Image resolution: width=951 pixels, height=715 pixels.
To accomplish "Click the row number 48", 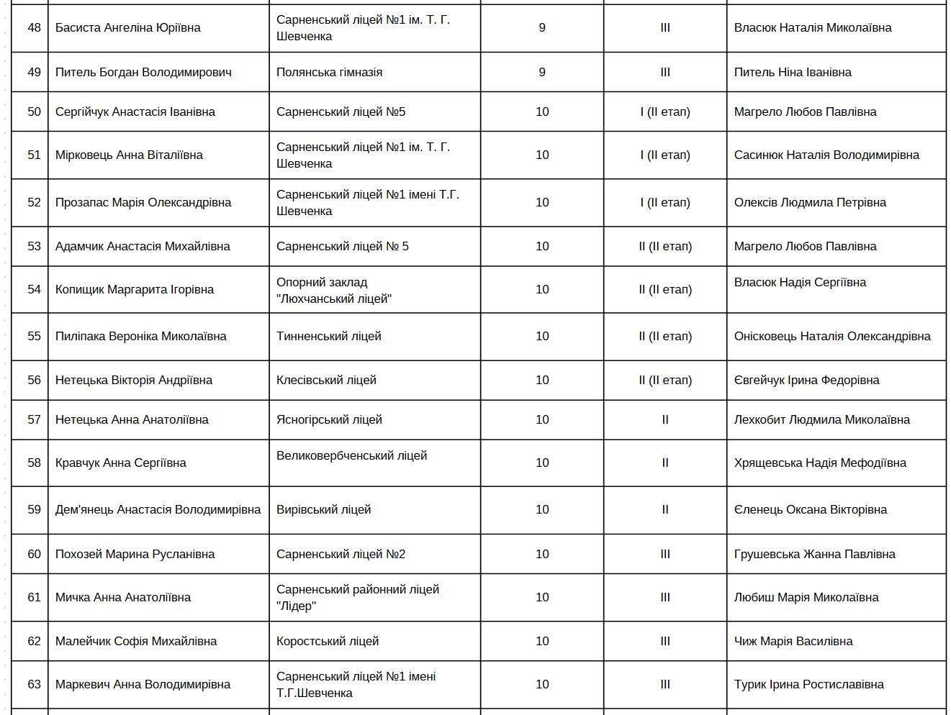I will (x=34, y=28).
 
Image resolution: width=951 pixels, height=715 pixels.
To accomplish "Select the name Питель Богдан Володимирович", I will (x=143, y=73).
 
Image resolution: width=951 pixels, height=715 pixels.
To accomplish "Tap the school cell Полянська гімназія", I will (x=329, y=73).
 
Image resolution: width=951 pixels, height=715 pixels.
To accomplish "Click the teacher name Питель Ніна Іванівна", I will (x=793, y=73).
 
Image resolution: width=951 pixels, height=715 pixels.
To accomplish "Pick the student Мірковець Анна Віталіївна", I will (x=129, y=155).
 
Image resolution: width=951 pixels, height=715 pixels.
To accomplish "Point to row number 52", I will (x=34, y=203).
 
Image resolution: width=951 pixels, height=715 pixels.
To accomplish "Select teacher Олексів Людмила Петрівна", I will (x=810, y=203).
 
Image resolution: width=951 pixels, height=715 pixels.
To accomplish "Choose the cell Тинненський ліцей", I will (x=328, y=337).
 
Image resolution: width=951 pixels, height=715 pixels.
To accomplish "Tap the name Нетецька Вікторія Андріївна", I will (x=133, y=381).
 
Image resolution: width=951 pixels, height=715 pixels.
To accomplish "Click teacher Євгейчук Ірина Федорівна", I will (x=806, y=381).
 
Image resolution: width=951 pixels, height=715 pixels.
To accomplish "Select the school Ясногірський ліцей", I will (x=329, y=420).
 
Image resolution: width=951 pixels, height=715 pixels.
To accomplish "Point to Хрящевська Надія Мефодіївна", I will (x=820, y=463).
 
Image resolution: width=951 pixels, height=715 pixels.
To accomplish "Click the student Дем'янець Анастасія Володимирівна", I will (x=158, y=510).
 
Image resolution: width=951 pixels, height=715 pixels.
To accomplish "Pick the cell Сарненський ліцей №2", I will (x=341, y=555).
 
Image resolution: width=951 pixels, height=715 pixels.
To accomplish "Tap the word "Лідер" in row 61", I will (x=296, y=606).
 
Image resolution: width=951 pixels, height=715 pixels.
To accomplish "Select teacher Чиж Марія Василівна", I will (x=793, y=642).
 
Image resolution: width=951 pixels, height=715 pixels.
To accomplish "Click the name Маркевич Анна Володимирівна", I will (x=143, y=685).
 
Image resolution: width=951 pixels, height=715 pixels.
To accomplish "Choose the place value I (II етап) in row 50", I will (x=664, y=112).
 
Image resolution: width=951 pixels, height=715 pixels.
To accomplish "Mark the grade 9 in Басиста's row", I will (x=542, y=28).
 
